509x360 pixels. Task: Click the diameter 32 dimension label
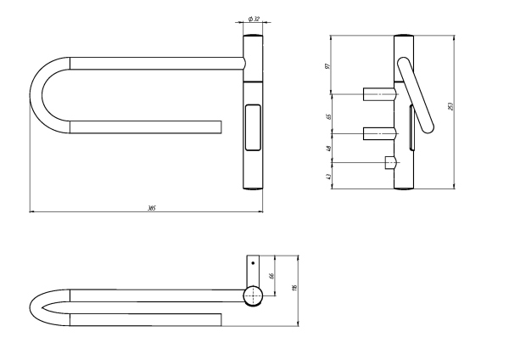click(x=254, y=18)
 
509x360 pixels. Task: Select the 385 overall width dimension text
click(x=150, y=206)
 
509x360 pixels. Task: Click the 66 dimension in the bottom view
click(x=271, y=274)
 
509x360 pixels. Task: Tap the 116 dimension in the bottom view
click(x=294, y=289)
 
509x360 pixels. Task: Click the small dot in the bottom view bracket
click(x=254, y=263)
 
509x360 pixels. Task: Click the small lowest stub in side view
click(x=390, y=162)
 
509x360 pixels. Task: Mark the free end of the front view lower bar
click(x=220, y=127)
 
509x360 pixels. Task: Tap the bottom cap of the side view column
click(x=404, y=189)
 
